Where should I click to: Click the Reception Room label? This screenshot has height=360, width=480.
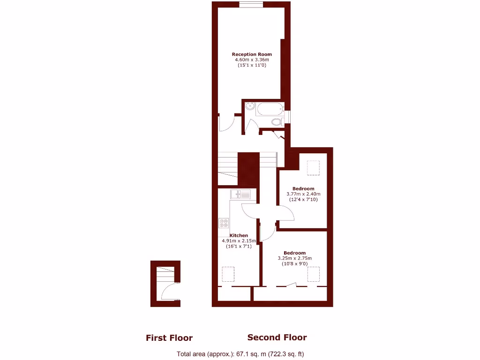(x=252, y=54)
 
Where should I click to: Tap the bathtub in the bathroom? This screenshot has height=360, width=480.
(x=270, y=109)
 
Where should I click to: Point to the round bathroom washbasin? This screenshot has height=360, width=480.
(x=250, y=106)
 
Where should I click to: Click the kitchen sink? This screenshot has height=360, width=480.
(x=241, y=194)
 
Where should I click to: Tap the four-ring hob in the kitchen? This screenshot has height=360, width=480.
(x=224, y=224)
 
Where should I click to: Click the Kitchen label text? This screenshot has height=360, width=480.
(x=239, y=235)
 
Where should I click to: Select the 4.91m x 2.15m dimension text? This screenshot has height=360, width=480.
(x=239, y=241)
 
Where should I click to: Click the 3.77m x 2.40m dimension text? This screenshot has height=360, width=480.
(x=303, y=194)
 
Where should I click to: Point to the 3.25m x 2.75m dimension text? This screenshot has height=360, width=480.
(x=294, y=258)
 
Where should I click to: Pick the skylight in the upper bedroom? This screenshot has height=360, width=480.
(x=313, y=167)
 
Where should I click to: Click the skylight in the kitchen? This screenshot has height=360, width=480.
(x=228, y=273)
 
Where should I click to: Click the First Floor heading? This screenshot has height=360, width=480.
(x=169, y=337)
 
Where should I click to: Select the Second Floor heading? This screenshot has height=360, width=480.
(x=277, y=337)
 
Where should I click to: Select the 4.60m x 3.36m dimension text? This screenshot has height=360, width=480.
(x=252, y=60)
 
